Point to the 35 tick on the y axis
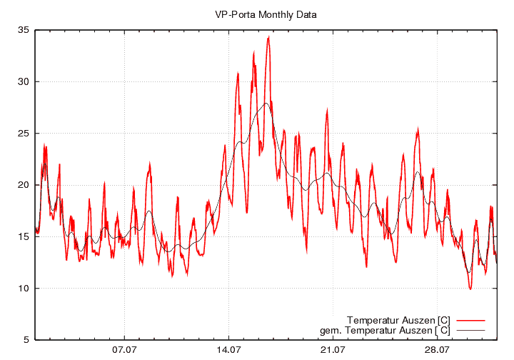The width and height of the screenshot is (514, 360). point(24,30)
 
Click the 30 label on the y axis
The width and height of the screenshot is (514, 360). point(24,81)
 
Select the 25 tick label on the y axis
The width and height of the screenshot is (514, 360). point(24,134)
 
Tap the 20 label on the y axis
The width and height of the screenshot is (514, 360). point(24,185)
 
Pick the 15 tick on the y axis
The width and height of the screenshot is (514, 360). point(24,236)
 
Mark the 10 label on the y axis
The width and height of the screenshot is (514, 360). point(24,289)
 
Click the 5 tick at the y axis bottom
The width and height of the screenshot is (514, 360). point(26,340)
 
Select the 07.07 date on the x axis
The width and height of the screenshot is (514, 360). point(124,350)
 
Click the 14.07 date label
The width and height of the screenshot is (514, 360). point(228,350)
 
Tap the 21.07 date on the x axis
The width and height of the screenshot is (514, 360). point(333,350)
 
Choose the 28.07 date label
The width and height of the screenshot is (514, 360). point(437,350)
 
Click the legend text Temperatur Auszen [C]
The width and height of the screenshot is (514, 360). point(398,319)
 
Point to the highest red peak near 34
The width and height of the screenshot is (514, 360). point(268,37)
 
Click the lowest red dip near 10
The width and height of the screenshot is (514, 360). point(470,289)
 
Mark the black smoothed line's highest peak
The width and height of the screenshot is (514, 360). point(266,103)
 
